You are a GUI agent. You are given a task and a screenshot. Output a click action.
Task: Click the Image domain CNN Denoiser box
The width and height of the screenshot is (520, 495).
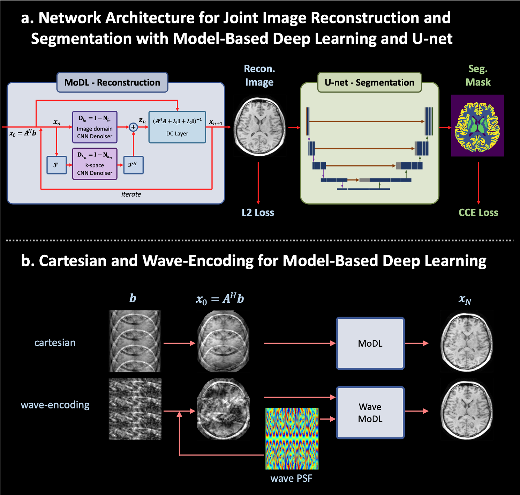tap(95, 127)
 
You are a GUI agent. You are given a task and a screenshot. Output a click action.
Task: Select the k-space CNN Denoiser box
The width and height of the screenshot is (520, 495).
tap(95, 164)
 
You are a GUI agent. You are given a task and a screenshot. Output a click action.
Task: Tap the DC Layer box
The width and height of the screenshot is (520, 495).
tap(177, 127)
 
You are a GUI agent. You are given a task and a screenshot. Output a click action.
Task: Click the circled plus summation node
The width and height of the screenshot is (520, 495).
tap(133, 127)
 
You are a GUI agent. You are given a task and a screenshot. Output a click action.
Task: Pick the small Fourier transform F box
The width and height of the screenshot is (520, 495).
tap(56, 165)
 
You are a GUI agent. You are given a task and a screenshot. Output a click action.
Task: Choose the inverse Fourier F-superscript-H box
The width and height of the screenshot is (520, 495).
tap(133, 165)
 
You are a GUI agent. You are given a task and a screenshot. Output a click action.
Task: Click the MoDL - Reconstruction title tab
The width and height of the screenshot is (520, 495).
tap(112, 82)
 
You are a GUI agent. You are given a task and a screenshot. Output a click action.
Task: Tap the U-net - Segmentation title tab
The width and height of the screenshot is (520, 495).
tap(369, 82)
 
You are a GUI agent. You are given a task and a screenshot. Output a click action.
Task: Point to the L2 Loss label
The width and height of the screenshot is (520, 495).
tap(258, 213)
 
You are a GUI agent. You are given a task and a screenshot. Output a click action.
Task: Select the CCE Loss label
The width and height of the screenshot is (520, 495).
tap(478, 213)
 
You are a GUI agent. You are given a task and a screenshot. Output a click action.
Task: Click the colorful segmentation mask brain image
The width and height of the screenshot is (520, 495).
tap(477, 125)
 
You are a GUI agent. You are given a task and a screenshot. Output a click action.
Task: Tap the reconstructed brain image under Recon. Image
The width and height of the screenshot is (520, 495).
tap(259, 126)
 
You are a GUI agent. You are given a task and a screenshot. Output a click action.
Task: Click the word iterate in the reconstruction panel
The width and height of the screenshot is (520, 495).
tap(131, 194)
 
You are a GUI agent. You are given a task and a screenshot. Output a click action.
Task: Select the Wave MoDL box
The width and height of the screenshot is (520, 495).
tap(370, 413)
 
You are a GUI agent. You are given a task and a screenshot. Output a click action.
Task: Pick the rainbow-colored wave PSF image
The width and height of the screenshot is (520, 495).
tap(292, 438)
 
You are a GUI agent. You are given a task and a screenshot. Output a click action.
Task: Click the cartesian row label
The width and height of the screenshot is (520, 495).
tap(55, 343)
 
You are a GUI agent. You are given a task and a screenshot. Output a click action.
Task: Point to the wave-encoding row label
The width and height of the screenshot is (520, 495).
tap(55, 405)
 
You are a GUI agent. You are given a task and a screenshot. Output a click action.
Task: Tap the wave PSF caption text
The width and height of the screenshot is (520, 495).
tap(292, 478)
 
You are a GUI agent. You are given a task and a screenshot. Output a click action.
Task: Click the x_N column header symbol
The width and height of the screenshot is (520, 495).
tap(465, 300)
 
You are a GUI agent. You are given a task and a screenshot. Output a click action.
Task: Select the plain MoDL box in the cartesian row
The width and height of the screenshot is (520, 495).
tap(370, 343)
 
